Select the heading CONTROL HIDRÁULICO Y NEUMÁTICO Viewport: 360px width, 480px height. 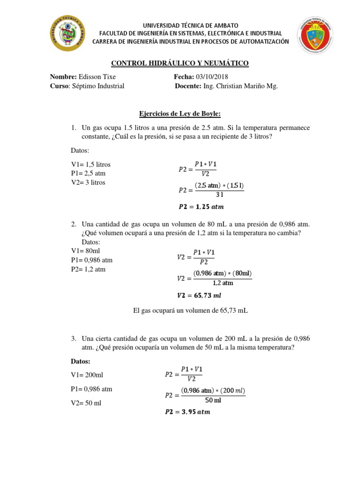pos(180,63)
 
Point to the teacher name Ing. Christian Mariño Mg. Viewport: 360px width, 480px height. pos(240,86)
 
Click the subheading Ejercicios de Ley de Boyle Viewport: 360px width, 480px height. pos(180,113)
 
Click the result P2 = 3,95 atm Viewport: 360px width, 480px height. pos(187,412)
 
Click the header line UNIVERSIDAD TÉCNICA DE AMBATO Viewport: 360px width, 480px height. pos(190,25)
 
